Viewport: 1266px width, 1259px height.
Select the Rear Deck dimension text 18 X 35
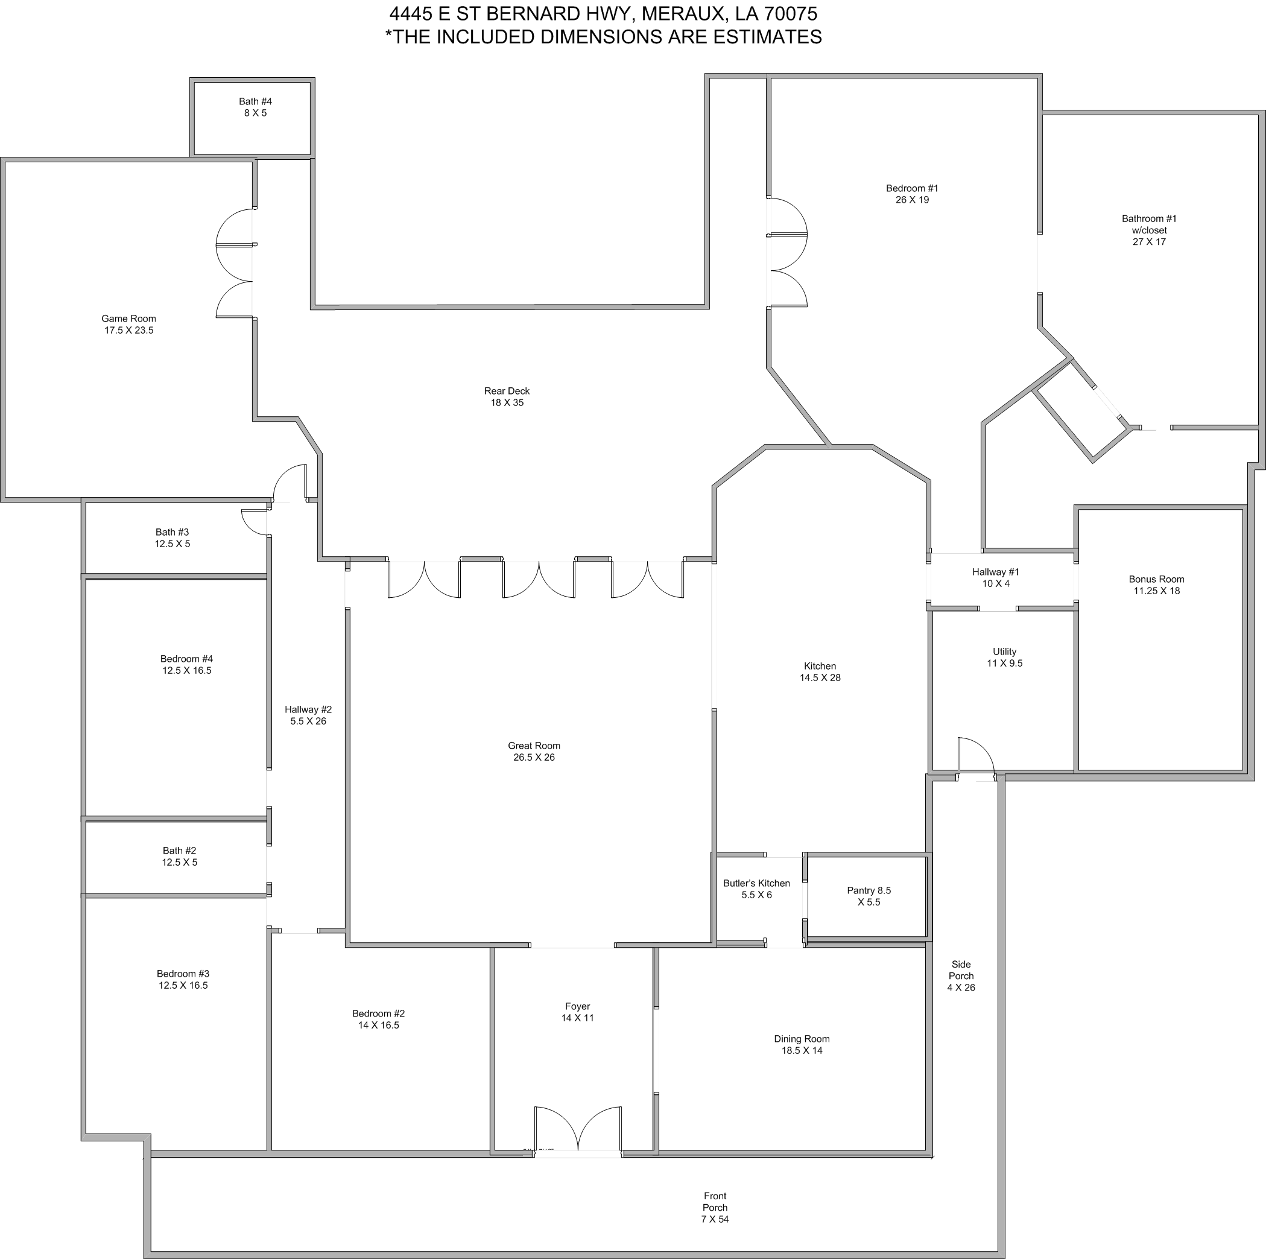(x=507, y=402)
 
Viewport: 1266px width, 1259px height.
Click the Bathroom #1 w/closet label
(x=1150, y=230)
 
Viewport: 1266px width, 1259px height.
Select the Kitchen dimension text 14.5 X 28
(x=820, y=677)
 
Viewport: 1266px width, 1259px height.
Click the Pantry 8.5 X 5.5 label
(x=869, y=896)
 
